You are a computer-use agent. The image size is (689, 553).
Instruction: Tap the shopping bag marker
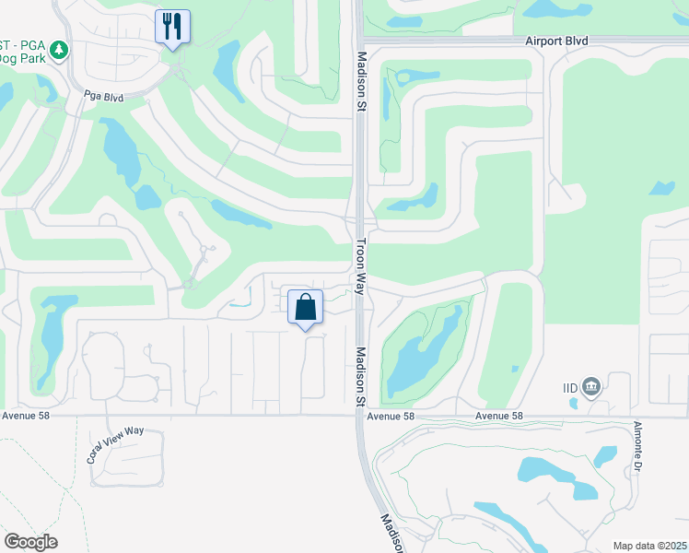pos(305,308)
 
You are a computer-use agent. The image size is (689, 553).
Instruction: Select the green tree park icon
pos(60,48)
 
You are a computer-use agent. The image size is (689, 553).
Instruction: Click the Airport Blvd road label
pos(556,41)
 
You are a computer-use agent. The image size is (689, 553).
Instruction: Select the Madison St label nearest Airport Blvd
pos(360,80)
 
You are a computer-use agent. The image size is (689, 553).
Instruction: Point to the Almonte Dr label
pos(636,446)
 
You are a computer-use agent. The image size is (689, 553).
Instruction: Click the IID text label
pos(571,388)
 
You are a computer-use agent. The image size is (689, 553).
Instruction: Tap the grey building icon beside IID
pos(591,386)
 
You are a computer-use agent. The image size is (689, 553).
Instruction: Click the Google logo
pos(30,542)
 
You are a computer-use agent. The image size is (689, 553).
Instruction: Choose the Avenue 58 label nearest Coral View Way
pos(25,416)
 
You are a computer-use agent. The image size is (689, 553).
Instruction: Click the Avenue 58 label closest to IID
pos(499,416)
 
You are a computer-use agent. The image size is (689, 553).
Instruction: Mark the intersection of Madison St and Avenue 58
pos(360,416)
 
